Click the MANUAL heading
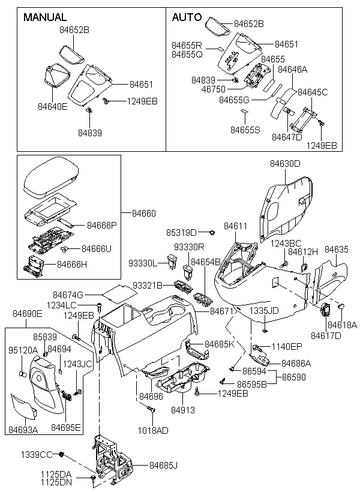pyautogui.click(x=44, y=17)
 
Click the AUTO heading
pyautogui.click(x=187, y=17)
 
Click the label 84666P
pyautogui.click(x=101, y=225)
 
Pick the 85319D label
pyautogui.click(x=181, y=232)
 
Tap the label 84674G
pyautogui.click(x=68, y=295)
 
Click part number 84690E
pyautogui.click(x=27, y=313)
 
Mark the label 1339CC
pyautogui.click(x=38, y=454)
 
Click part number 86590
pyautogui.click(x=294, y=377)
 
